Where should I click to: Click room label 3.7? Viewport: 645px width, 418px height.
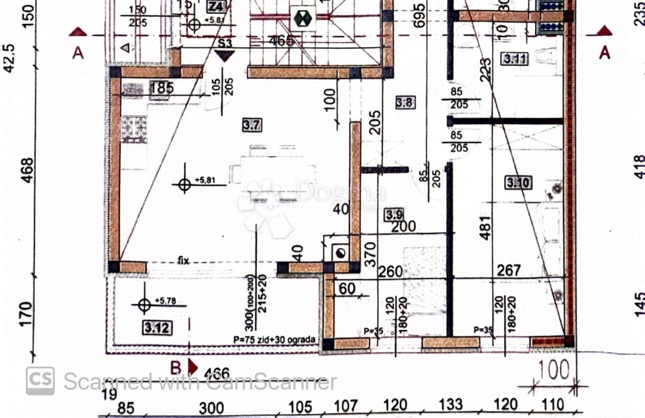(251, 125)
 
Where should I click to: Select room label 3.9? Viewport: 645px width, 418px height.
(394, 215)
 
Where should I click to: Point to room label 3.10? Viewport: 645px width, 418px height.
(518, 183)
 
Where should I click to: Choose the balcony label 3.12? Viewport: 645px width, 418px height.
(157, 327)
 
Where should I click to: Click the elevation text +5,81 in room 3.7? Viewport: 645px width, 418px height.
(205, 181)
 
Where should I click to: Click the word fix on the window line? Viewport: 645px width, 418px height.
(184, 259)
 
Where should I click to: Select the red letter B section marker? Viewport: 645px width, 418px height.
(176, 366)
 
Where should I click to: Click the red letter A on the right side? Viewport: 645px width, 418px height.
(605, 53)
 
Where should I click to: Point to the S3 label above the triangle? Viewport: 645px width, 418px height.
(224, 43)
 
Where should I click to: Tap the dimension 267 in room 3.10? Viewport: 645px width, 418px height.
(509, 271)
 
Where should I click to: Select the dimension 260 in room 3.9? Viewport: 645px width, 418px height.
(391, 272)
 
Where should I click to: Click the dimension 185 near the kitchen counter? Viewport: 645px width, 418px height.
(161, 88)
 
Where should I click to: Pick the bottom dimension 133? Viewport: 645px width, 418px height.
(450, 404)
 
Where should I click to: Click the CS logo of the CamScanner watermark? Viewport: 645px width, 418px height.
(40, 380)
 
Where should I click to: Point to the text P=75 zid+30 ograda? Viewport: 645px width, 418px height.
(275, 340)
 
